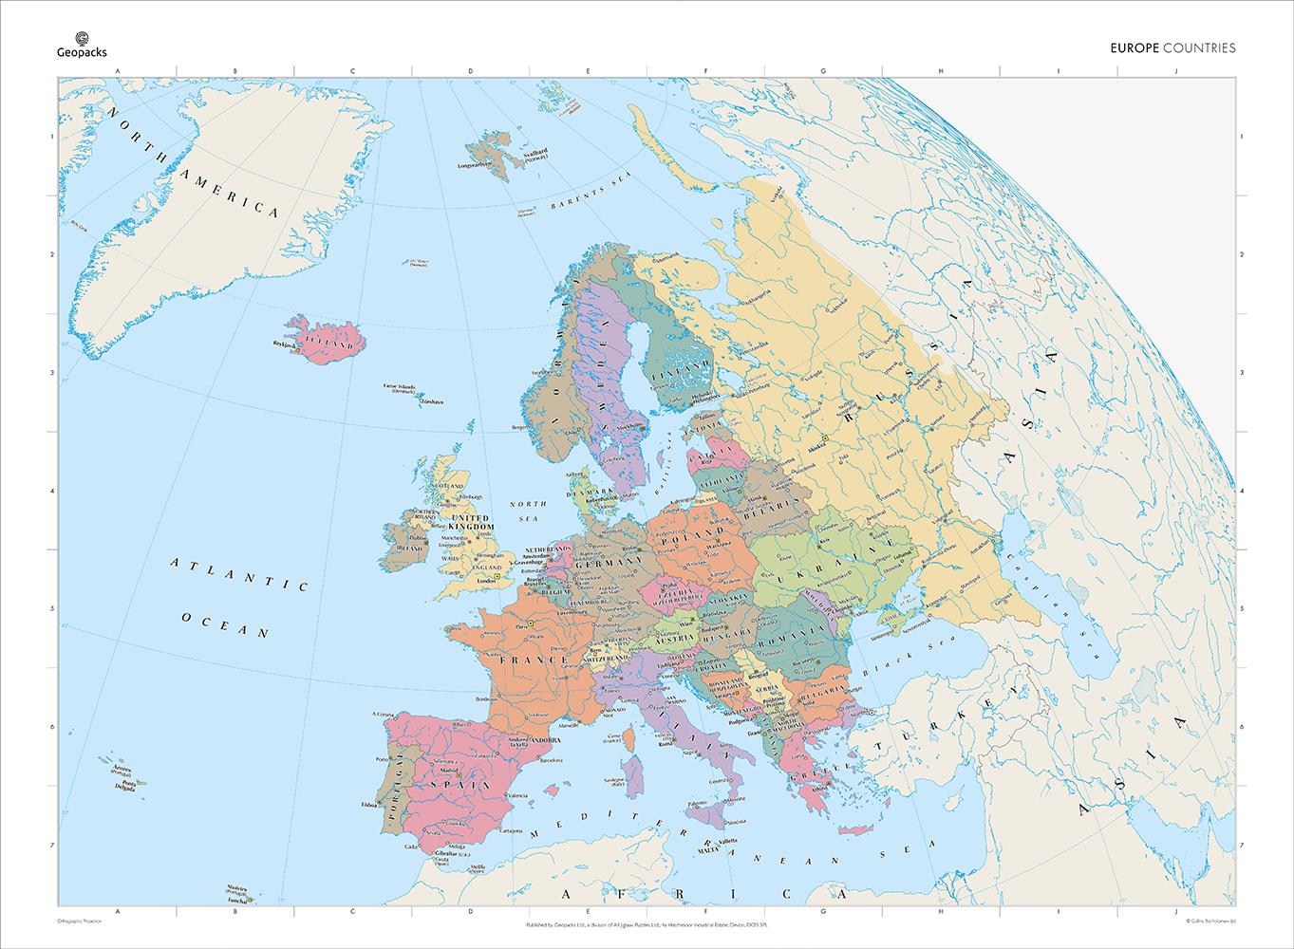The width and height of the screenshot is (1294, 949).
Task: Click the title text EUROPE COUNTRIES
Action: point(1172,47)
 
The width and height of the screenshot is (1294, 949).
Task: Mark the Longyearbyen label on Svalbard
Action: point(477,165)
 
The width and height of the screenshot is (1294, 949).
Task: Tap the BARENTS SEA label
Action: point(580,196)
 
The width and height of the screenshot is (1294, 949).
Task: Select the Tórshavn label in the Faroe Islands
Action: point(432,402)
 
